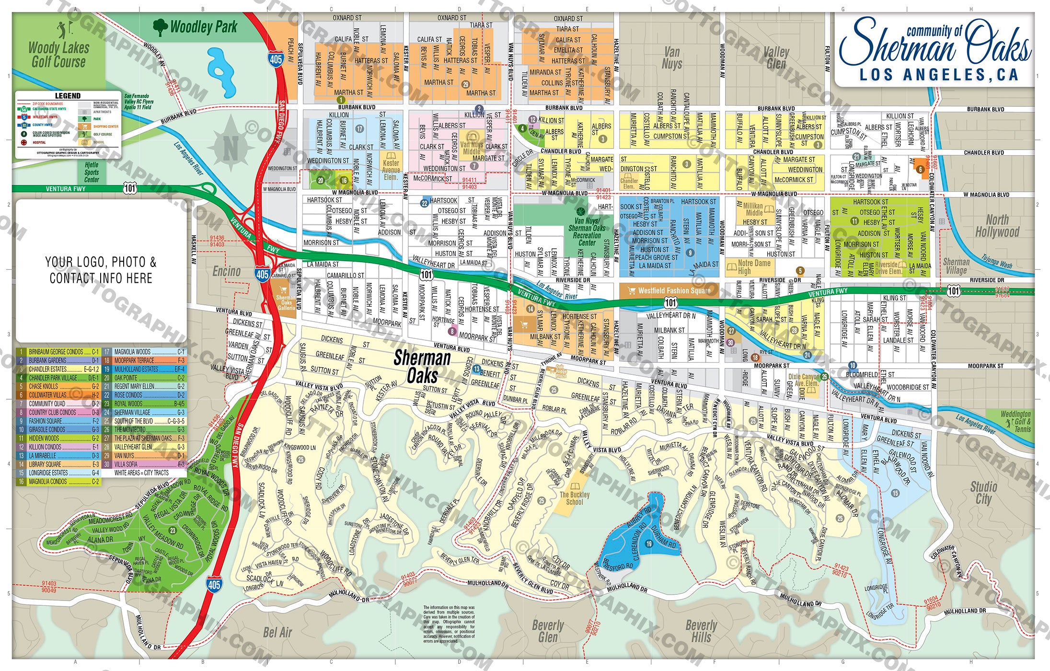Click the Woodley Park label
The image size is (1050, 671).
point(203,27)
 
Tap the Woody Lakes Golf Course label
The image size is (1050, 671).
point(58,55)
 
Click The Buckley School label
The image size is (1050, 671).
point(575,498)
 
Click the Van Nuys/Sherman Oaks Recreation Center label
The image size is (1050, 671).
point(587,231)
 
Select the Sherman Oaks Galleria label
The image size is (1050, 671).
point(287,302)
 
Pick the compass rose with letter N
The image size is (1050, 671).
point(231,147)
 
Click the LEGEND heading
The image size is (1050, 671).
point(68,95)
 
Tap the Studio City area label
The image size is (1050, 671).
point(983,493)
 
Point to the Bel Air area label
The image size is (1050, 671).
point(277,632)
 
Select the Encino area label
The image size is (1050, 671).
point(226,271)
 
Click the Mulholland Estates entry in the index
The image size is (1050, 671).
point(143,369)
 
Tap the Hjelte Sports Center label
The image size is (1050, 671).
point(92,172)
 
